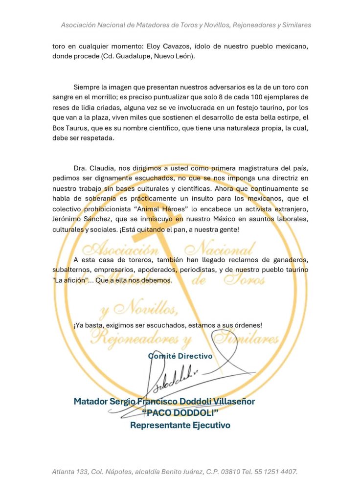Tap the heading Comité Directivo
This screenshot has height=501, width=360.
point(180,356)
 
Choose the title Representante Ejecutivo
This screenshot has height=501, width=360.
point(180,425)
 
